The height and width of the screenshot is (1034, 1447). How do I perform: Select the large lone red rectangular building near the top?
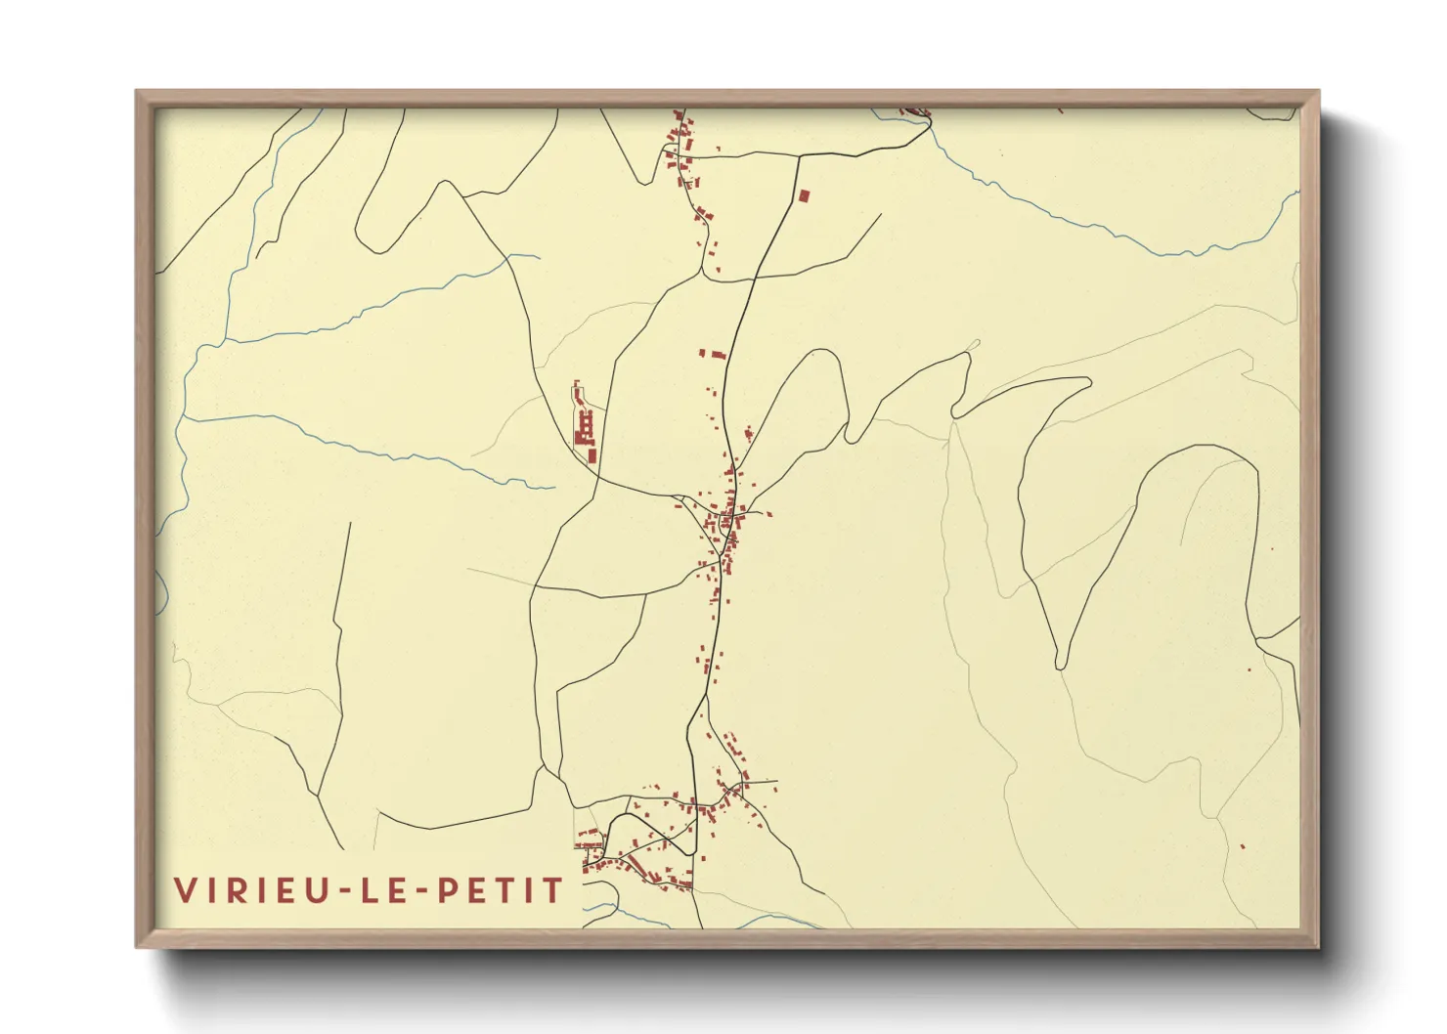[804, 195]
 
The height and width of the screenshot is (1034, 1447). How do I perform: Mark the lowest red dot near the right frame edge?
[1243, 847]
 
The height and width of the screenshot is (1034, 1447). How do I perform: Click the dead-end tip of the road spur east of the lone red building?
[881, 215]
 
